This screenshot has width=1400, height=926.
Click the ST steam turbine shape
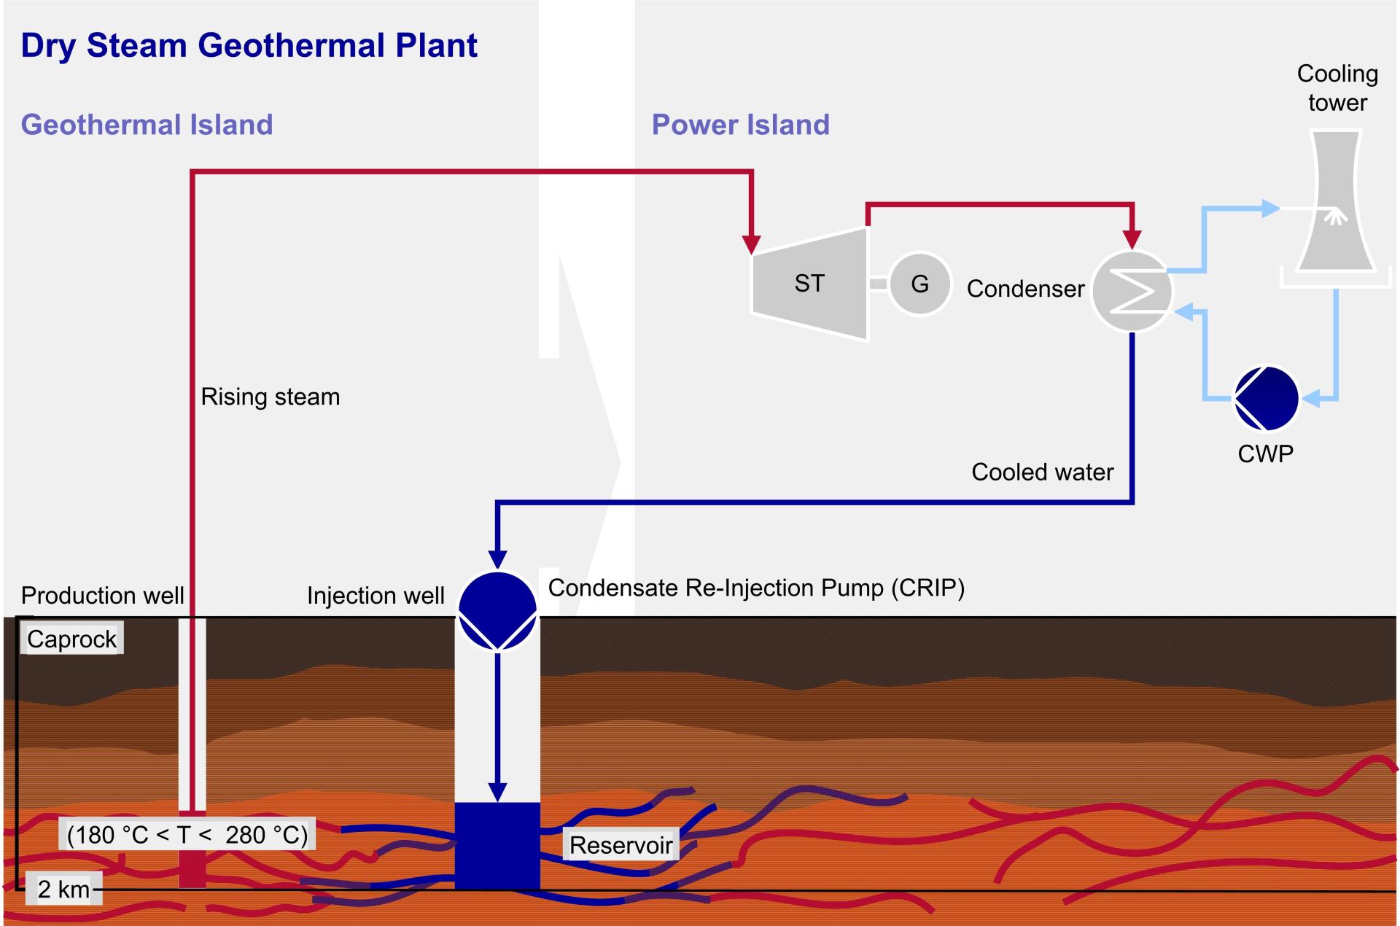pyautogui.click(x=809, y=284)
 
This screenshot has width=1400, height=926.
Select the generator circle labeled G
pyautogui.click(x=920, y=284)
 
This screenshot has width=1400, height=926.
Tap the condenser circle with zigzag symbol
pyautogui.click(x=1132, y=291)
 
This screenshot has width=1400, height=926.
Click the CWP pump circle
pyautogui.click(x=1266, y=398)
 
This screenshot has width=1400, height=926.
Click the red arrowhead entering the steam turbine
pyautogui.click(x=751, y=244)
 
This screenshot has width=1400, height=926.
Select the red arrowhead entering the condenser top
pyautogui.click(x=1132, y=238)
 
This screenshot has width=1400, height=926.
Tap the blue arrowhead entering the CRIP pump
pyautogui.click(x=497, y=559)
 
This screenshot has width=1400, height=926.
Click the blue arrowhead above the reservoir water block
pyautogui.click(x=497, y=792)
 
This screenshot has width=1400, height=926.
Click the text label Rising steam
pyautogui.click(x=270, y=397)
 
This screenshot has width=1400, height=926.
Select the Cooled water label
pyautogui.click(x=1042, y=472)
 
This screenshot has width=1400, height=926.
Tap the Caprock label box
pyautogui.click(x=71, y=639)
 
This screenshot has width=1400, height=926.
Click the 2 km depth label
pyautogui.click(x=63, y=890)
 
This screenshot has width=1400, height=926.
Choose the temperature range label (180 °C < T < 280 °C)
pyautogui.click(x=187, y=834)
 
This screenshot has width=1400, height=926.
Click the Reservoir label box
pyautogui.click(x=621, y=845)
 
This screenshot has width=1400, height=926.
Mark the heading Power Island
pyautogui.click(x=740, y=125)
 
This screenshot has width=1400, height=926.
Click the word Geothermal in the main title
pyautogui.click(x=292, y=45)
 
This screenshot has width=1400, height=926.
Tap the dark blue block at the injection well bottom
pyautogui.click(x=497, y=846)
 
